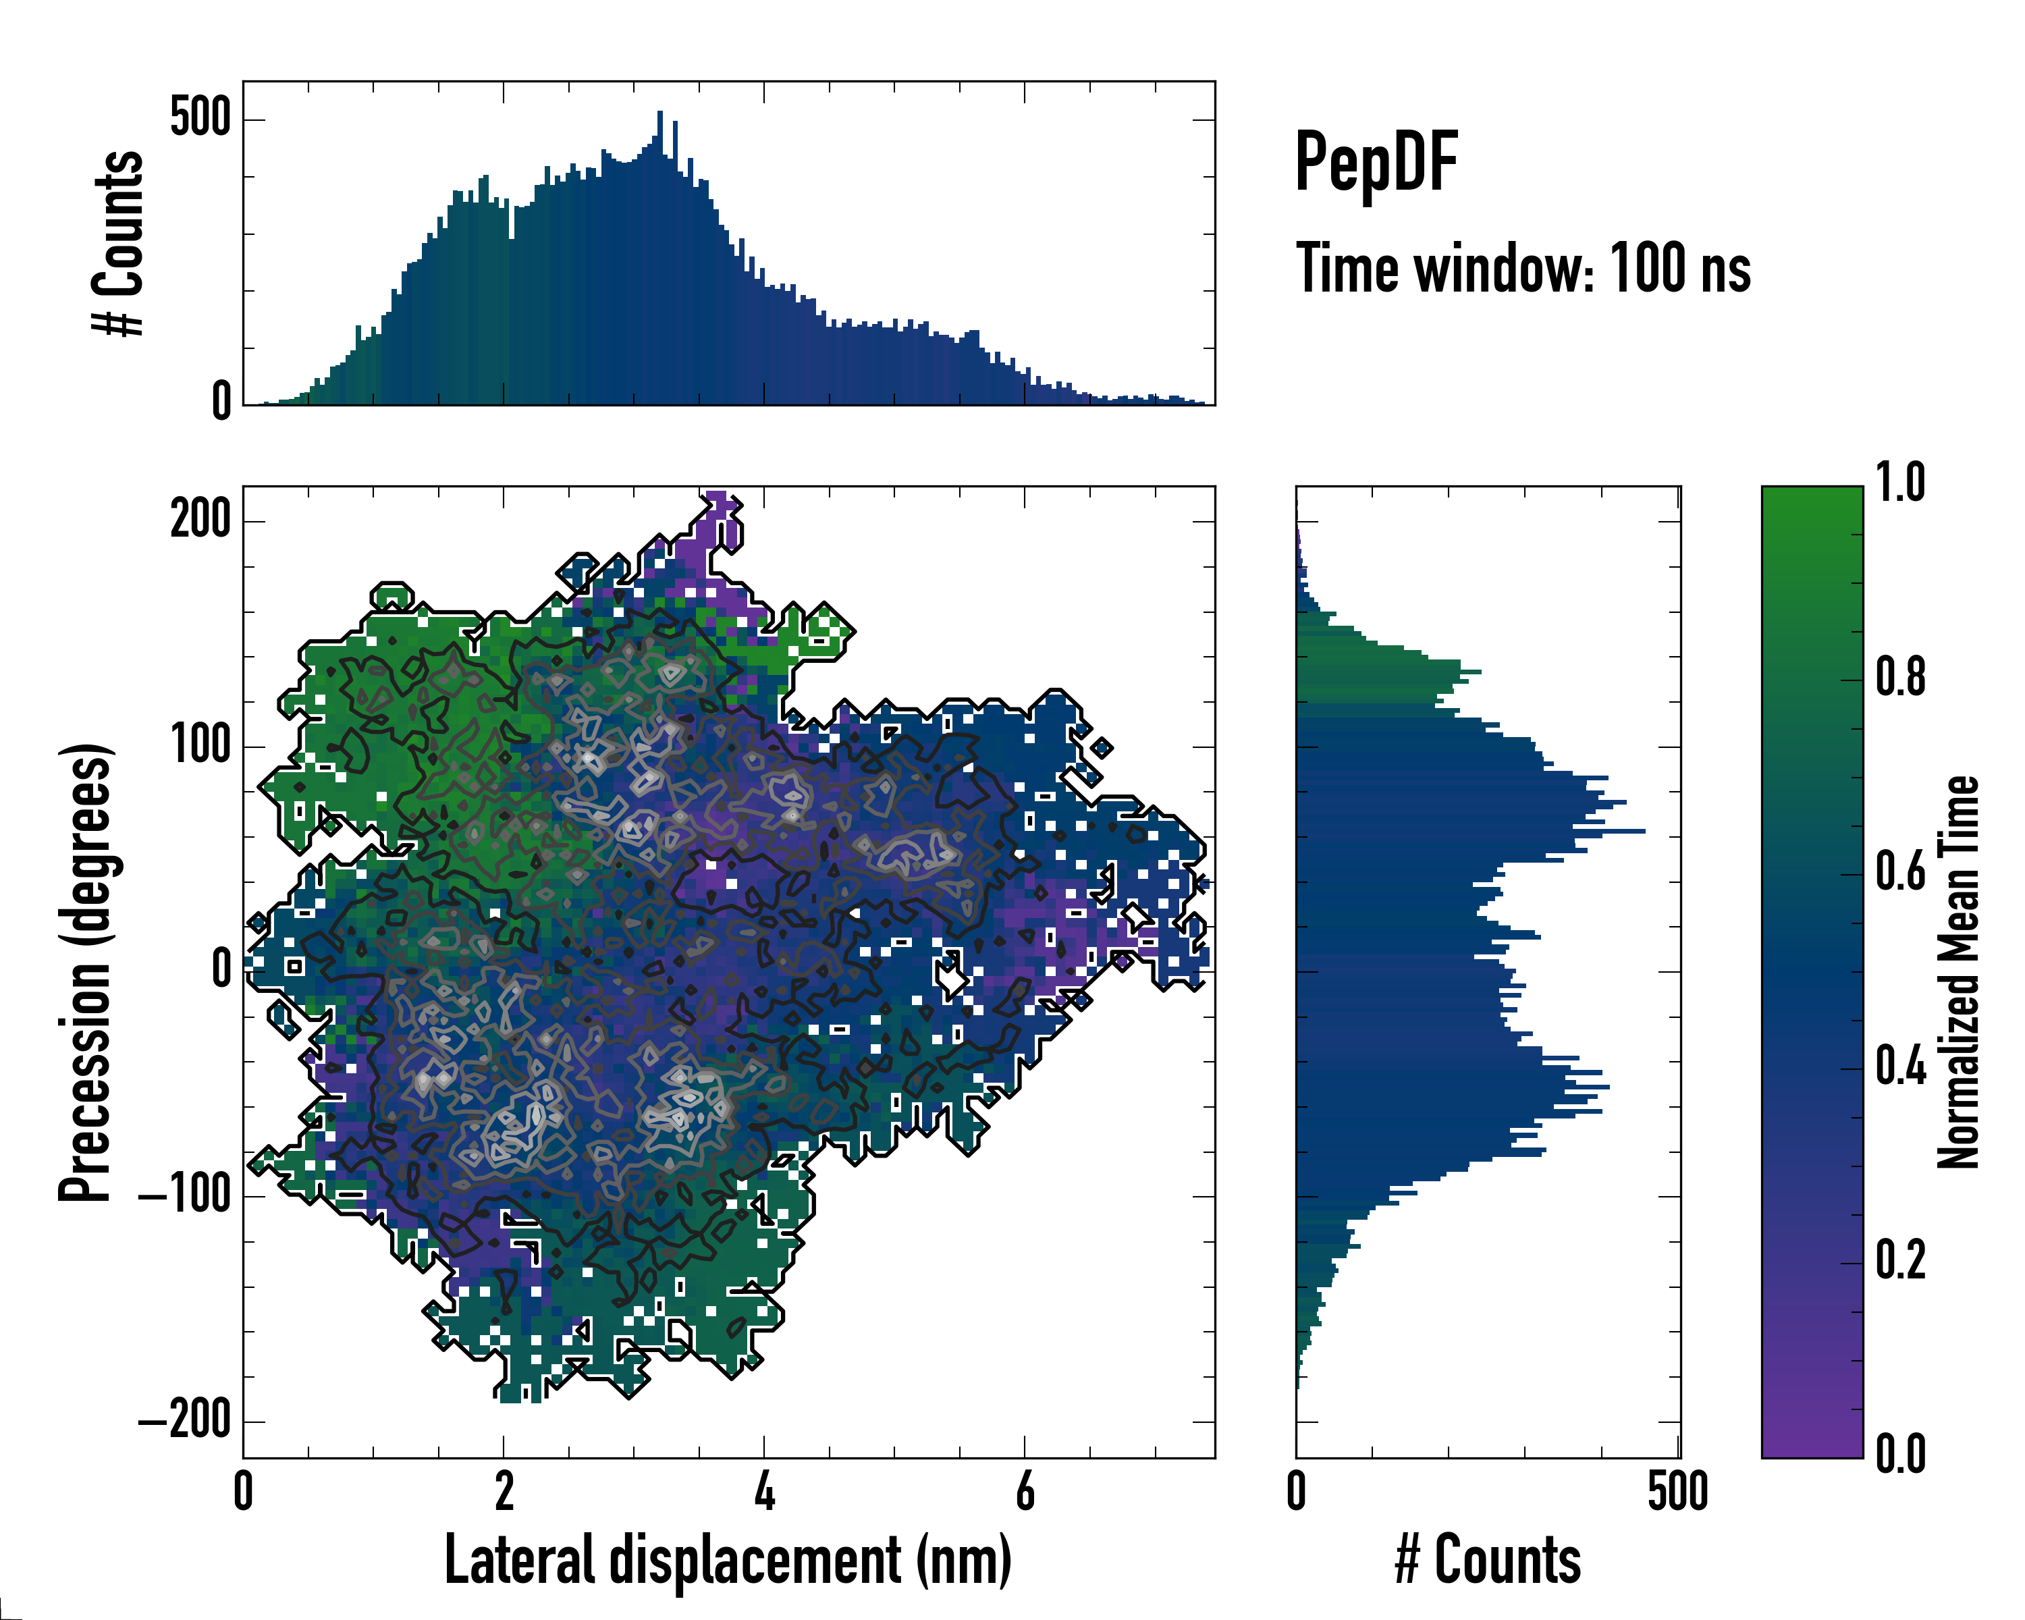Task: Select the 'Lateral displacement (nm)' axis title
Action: (x=728, y=1560)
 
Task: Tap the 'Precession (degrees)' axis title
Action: (x=86, y=972)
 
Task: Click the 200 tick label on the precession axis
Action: (x=200, y=518)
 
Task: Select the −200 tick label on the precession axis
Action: (x=185, y=1422)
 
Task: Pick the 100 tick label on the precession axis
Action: (x=200, y=746)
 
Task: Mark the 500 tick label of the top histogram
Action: (x=200, y=119)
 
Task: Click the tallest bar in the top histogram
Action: (x=660, y=259)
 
